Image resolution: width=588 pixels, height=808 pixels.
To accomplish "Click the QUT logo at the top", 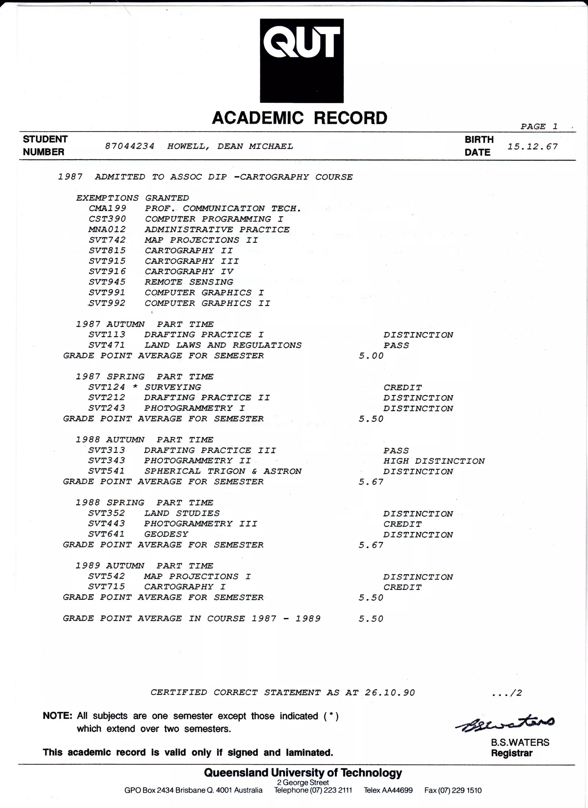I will (301, 61).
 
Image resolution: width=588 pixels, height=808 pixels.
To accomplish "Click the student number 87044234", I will (129, 146).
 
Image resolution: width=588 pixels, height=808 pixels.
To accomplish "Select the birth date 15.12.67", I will (533, 147).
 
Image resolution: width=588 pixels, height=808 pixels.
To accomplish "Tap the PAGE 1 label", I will (539, 126).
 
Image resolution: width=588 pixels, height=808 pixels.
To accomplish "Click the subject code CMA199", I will (107, 208).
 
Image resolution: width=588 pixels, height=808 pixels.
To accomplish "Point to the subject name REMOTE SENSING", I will (189, 282).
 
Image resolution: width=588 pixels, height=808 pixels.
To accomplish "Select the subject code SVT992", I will (107, 303).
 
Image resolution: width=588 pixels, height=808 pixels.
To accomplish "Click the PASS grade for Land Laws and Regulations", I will (396, 345).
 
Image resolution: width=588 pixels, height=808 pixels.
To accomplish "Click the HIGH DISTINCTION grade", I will (434, 461).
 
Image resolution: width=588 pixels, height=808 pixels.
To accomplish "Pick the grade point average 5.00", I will (371, 355).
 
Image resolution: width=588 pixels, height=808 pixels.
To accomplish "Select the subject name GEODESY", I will (166, 534).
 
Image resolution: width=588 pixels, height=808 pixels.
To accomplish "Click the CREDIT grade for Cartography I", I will (402, 587).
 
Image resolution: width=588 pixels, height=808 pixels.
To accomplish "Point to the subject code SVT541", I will (107, 471).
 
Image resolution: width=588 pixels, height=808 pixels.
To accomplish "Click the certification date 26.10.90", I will (390, 692).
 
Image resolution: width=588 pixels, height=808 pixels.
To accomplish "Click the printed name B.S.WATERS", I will (520, 742).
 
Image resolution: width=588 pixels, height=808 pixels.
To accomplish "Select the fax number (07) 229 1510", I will (459, 790).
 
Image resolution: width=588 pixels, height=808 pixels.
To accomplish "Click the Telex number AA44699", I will (397, 790).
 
